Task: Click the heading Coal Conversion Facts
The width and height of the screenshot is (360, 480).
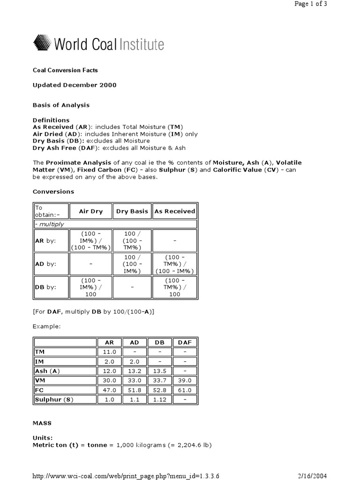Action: click(x=65, y=70)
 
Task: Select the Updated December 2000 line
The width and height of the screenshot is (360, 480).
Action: click(x=75, y=85)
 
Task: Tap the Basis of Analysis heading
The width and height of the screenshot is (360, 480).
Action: click(x=61, y=105)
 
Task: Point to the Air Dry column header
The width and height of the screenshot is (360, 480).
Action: click(x=90, y=211)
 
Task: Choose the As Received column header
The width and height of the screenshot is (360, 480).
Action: click(x=175, y=211)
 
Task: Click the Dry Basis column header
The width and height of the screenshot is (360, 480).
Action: click(x=132, y=211)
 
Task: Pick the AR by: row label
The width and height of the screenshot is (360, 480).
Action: click(x=45, y=240)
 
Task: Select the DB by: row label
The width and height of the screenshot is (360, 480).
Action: click(x=45, y=287)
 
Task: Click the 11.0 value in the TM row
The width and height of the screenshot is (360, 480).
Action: click(x=109, y=351)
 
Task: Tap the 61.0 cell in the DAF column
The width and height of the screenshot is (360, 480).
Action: click(x=185, y=390)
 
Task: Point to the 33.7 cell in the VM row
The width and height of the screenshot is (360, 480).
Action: click(x=160, y=380)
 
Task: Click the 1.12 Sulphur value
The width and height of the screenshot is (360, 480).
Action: click(x=160, y=399)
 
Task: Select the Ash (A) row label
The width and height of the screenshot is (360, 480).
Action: click(x=47, y=371)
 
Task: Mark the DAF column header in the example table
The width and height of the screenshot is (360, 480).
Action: click(x=185, y=342)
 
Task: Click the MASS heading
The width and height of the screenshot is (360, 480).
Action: click(x=42, y=423)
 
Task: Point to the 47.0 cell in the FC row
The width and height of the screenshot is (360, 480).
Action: click(x=109, y=390)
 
